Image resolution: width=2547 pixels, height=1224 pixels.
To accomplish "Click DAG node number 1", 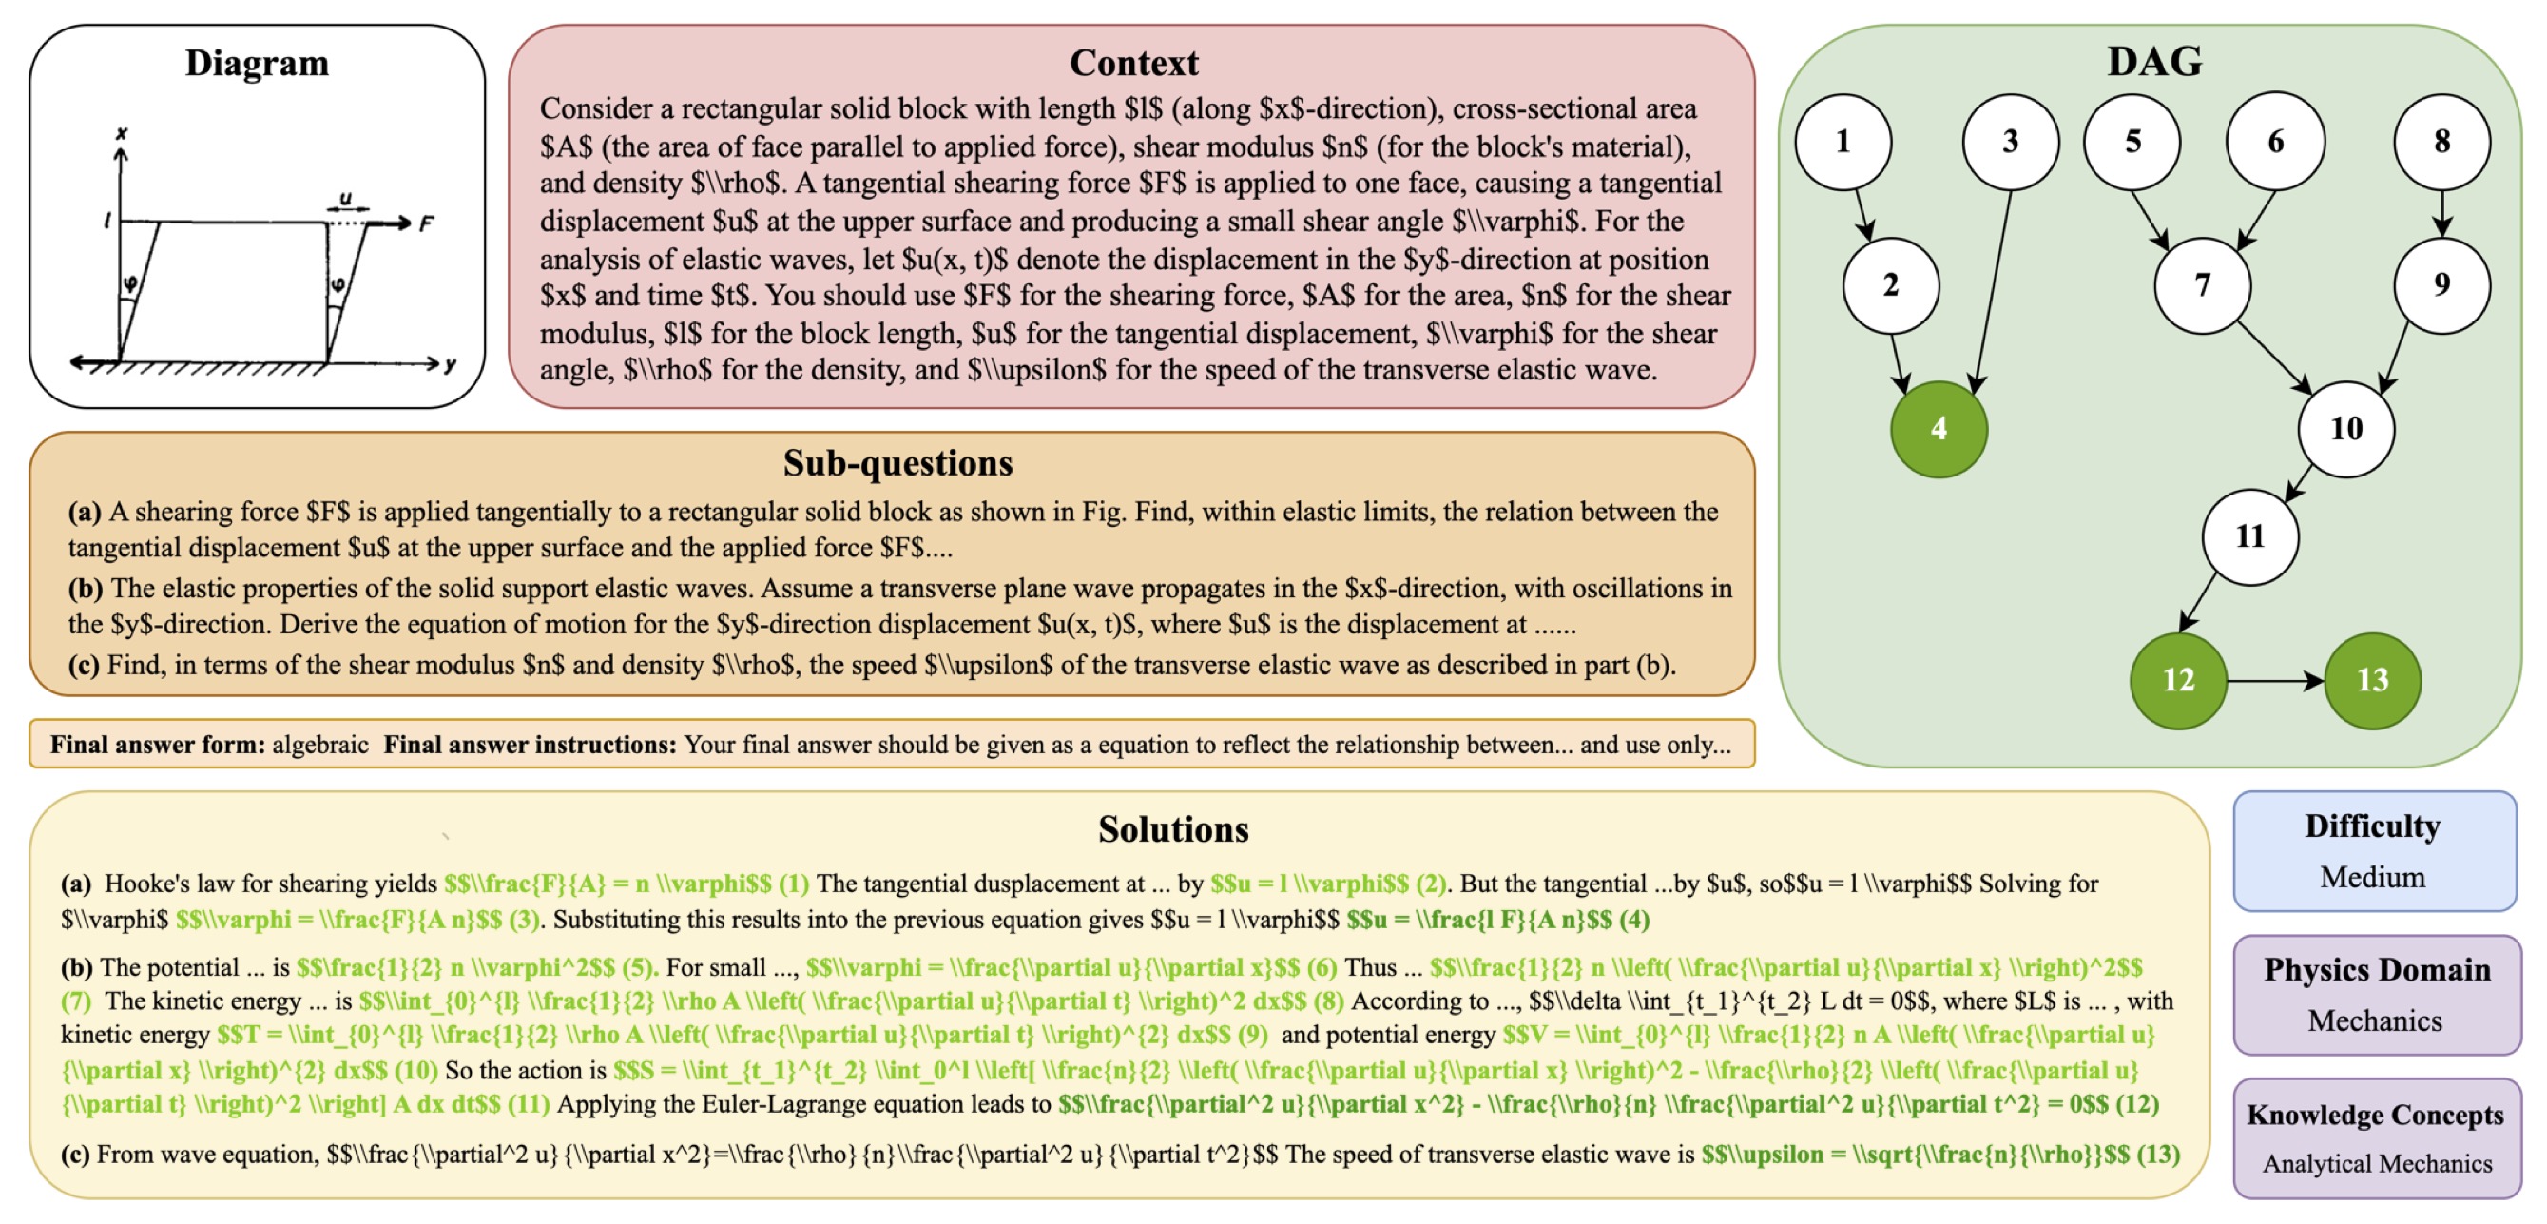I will [1843, 142].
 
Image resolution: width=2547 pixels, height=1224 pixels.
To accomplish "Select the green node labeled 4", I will [1938, 429].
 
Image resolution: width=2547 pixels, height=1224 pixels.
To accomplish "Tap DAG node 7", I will [2202, 285].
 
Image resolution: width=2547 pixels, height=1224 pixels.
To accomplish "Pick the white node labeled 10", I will [2345, 429].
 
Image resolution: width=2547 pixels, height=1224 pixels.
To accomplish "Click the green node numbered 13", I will [2372, 680].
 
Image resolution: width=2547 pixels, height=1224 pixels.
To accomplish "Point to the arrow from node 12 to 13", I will [2274, 680].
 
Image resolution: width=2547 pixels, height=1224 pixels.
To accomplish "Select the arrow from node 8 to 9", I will [2442, 213].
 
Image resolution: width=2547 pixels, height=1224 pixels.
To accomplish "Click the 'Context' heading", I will [1133, 64].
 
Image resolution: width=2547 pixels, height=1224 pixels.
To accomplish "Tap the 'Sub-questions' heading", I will [897, 463].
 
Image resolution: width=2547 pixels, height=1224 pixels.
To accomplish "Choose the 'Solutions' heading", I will [1172, 828].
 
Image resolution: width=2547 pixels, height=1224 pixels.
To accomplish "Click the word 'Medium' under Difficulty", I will [2372, 877].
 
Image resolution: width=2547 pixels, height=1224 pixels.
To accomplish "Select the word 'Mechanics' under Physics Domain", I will [2374, 1020].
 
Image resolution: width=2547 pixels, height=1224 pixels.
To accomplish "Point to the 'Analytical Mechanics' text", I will [2376, 1164].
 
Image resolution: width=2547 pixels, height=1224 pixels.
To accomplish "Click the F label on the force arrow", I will [426, 224].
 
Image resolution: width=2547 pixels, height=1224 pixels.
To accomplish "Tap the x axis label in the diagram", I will [122, 133].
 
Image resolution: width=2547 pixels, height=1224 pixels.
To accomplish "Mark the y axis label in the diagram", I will [451, 365].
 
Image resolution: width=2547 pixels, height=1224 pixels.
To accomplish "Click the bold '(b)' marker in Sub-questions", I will [85, 589].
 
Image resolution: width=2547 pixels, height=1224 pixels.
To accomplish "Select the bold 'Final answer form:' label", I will [157, 745].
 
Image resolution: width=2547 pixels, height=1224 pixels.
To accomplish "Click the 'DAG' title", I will [2154, 61].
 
